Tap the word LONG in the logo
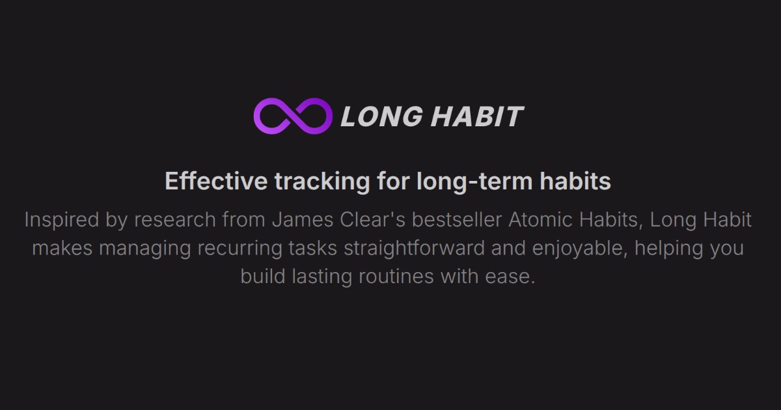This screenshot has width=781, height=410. click(x=382, y=116)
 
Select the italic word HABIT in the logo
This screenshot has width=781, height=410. click(x=478, y=116)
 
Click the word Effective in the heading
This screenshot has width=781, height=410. click(x=216, y=181)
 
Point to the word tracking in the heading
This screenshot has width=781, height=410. click(x=322, y=182)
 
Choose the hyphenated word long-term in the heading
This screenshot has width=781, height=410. click(x=474, y=182)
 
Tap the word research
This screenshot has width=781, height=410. click(x=175, y=220)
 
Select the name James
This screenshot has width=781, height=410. click(x=303, y=220)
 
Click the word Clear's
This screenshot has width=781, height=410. click(x=372, y=220)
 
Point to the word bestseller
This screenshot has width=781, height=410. click(x=457, y=220)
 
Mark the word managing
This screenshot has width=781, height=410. click(x=145, y=249)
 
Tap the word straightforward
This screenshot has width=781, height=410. click(x=414, y=249)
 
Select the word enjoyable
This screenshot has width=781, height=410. click(x=580, y=249)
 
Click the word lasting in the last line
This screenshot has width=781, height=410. click(x=322, y=277)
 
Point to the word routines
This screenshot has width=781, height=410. click(x=396, y=277)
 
